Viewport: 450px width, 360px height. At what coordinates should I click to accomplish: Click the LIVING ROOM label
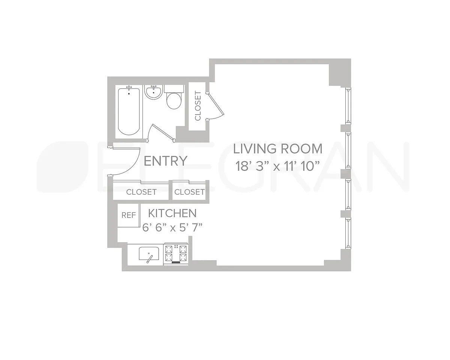278,149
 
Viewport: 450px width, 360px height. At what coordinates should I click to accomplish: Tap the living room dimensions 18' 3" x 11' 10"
278,166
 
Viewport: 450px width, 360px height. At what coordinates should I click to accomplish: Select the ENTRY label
165,161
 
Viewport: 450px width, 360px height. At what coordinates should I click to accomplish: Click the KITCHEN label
172,213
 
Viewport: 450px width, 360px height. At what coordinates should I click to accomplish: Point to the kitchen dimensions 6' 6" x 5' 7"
172,228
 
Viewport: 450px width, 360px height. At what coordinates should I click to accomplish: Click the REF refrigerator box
128,215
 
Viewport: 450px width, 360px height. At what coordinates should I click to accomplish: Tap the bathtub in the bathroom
129,111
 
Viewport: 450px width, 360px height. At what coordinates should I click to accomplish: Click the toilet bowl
174,101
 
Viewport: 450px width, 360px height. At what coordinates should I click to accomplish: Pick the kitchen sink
149,254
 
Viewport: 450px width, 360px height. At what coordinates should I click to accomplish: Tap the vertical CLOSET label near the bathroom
198,106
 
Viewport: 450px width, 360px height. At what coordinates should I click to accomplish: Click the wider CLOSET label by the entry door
141,192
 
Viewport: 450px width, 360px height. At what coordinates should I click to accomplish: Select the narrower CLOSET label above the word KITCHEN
189,192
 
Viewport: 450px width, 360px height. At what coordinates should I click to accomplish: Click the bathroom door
163,132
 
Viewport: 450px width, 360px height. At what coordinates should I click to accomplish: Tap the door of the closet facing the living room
216,104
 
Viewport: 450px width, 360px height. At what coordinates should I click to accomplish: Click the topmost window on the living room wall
348,106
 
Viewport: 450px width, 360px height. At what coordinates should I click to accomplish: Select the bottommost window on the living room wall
348,233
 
